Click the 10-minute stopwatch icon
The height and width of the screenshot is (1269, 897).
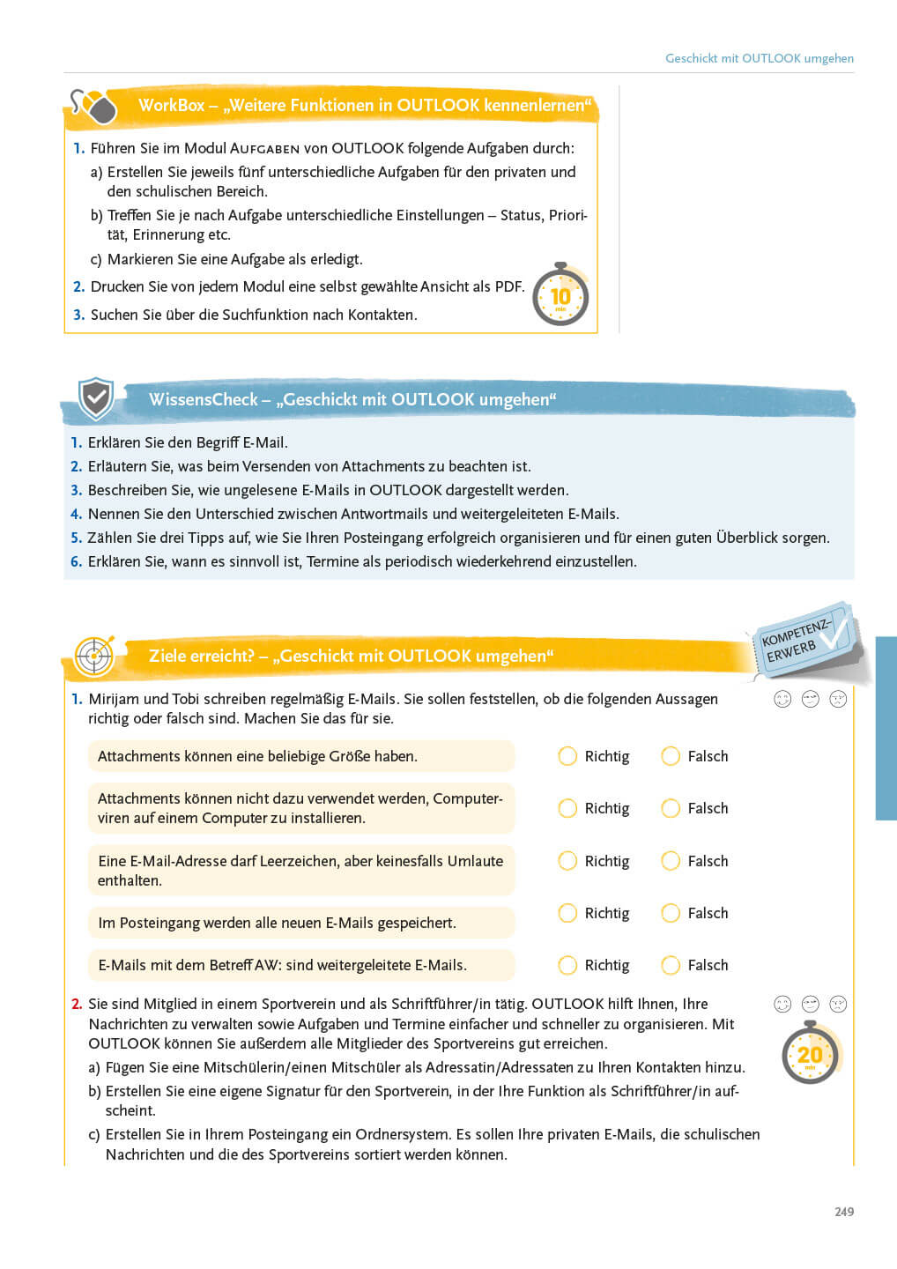[x=560, y=296]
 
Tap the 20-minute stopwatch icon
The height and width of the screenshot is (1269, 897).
[x=810, y=1054]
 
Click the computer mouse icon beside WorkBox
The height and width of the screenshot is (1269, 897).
[x=94, y=107]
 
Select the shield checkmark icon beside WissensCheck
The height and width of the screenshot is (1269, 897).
[x=95, y=398]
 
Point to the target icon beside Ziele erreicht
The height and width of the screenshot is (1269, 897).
[x=93, y=656]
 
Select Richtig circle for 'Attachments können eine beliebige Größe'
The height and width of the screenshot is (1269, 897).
[x=567, y=756]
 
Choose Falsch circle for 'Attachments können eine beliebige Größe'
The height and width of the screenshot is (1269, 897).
[x=671, y=756]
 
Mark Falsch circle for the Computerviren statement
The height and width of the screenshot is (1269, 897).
[x=671, y=808]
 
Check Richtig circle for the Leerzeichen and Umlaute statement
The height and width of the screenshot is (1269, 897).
[x=567, y=861]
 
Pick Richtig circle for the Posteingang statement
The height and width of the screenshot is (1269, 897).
[x=567, y=913]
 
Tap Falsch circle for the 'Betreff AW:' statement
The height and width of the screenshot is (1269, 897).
[x=671, y=965]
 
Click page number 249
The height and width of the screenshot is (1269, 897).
[x=844, y=1212]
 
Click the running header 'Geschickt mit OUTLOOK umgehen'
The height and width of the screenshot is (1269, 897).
[x=759, y=58]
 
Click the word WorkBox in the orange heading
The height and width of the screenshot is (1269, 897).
[x=171, y=105]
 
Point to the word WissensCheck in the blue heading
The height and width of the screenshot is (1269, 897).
[x=203, y=399]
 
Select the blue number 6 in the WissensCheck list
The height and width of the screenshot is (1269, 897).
[x=76, y=561]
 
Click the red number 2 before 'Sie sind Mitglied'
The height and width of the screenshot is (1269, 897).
[x=77, y=1004]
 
